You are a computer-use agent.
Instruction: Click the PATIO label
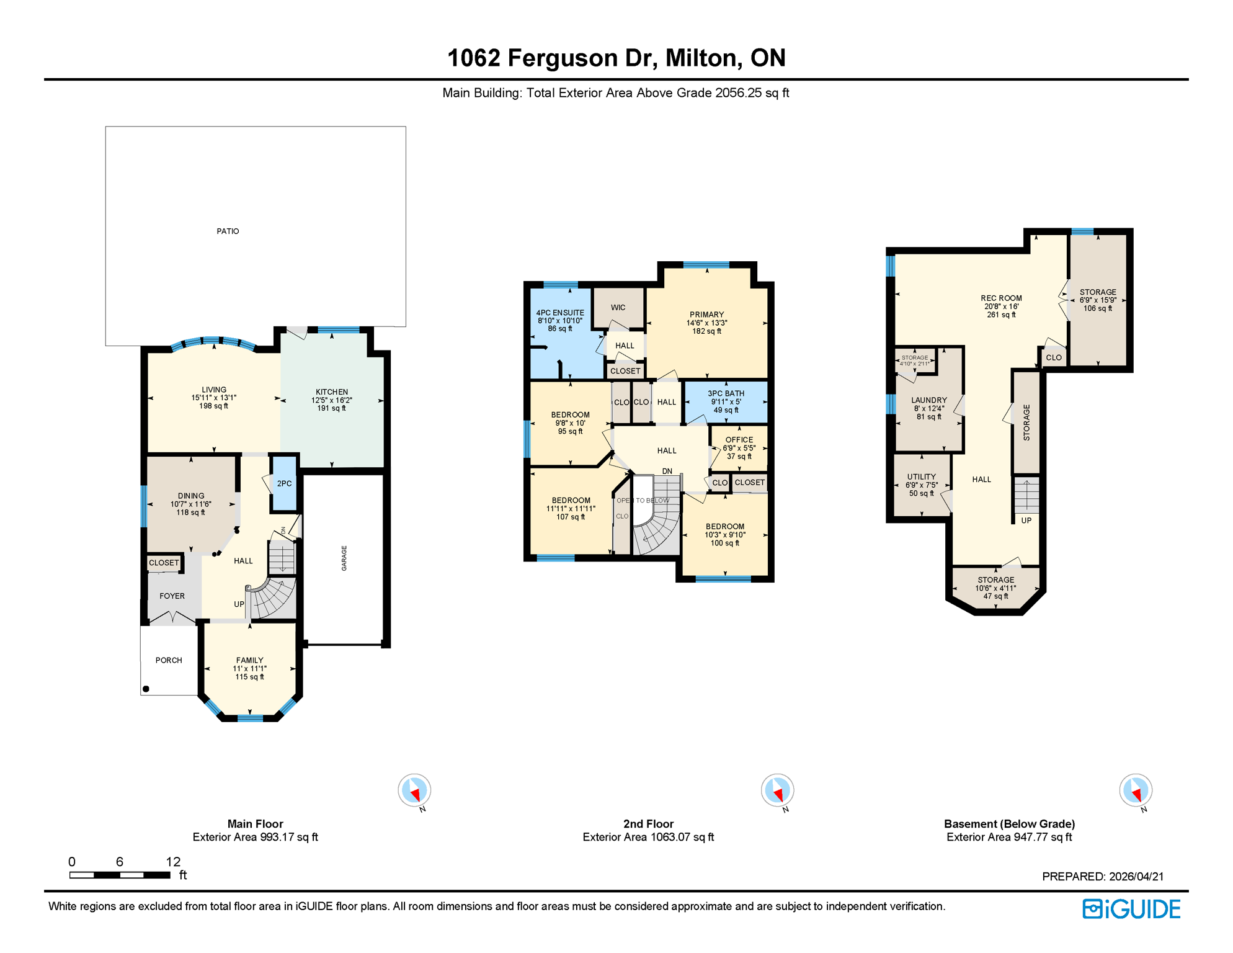coord(228,231)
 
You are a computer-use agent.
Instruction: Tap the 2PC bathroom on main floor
coord(284,484)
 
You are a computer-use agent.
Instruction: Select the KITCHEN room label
coord(332,392)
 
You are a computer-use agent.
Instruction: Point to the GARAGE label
coord(344,558)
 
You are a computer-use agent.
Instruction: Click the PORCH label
coord(169,660)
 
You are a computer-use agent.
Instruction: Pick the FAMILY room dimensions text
coord(249,669)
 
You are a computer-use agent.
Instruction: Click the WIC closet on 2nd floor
coord(618,308)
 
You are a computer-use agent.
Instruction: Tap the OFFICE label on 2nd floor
coord(739,440)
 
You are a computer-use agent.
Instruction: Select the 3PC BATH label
coord(726,393)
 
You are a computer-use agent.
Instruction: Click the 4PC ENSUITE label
coord(560,313)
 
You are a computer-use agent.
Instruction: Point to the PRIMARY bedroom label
coord(706,315)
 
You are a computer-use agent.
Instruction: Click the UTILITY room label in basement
coord(921,477)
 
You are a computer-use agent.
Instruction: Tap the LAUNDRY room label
coord(928,400)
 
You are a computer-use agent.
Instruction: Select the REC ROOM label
coord(1000,298)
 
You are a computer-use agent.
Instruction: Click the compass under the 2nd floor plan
coord(777,790)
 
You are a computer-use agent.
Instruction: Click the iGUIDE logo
coord(1131,909)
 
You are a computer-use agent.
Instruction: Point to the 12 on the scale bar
coord(173,862)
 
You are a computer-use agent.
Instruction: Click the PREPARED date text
coord(1102,877)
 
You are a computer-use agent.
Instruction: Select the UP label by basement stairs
coord(1026,521)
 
